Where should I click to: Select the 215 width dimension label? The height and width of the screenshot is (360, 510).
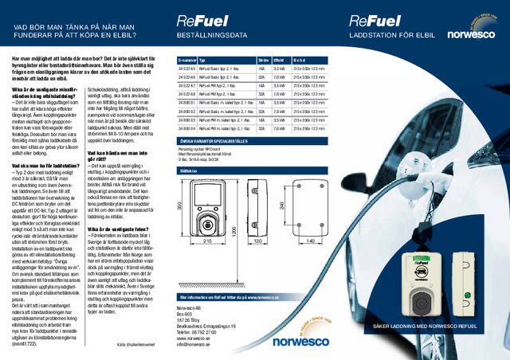point(207,240)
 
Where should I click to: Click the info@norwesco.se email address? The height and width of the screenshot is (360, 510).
point(195,343)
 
